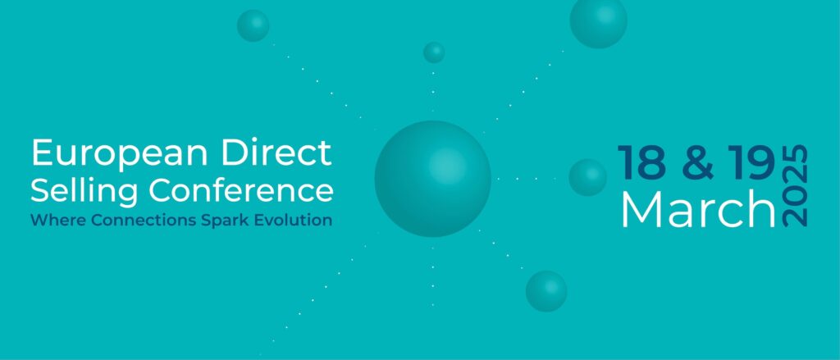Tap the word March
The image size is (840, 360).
pos(697,210)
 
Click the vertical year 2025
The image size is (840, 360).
pos(795,186)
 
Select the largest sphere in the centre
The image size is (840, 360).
pos(432,178)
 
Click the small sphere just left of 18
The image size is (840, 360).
pos(587,177)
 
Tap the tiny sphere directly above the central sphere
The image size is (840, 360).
pos(434,52)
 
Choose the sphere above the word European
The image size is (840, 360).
pos(253,25)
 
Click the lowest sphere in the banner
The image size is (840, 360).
pos(546,291)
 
